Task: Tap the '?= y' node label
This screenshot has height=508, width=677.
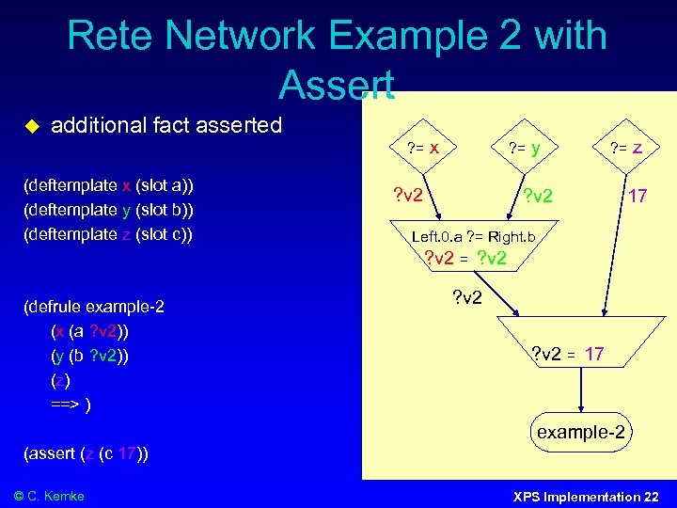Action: [524, 147]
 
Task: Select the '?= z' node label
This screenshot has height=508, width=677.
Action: [625, 147]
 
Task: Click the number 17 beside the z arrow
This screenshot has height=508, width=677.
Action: [638, 197]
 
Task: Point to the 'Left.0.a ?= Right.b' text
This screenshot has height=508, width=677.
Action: [473, 237]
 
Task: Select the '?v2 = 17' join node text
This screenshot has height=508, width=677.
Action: [568, 354]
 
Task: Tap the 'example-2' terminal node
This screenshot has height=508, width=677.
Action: [580, 433]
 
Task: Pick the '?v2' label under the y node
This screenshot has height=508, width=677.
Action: [538, 197]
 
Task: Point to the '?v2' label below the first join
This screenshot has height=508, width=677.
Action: [468, 298]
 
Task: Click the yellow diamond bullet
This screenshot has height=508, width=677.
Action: [30, 126]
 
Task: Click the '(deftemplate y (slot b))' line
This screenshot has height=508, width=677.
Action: [107, 209]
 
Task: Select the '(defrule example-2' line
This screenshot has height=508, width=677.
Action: [94, 307]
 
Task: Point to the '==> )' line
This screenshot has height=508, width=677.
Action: [71, 405]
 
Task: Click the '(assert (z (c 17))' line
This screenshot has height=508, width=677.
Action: [86, 453]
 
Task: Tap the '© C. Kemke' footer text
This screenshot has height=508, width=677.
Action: [49, 496]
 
